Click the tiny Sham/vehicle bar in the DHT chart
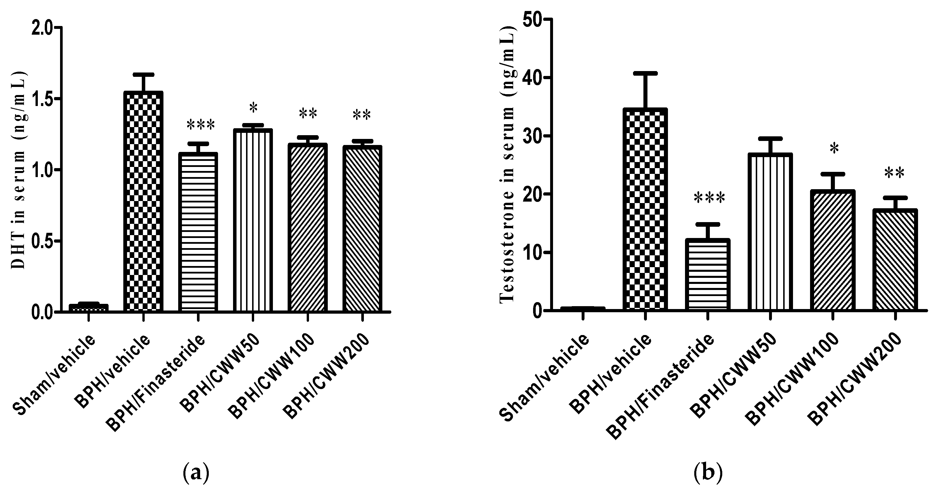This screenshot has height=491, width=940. pos(89,307)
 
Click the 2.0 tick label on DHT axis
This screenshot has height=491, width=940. pos(42,29)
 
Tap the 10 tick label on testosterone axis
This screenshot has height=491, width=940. pos(531,253)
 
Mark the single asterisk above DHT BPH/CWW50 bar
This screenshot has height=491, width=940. pos(253,108)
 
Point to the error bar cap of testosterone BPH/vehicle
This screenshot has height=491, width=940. pos(645,73)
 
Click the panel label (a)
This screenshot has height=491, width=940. pos(196,473)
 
